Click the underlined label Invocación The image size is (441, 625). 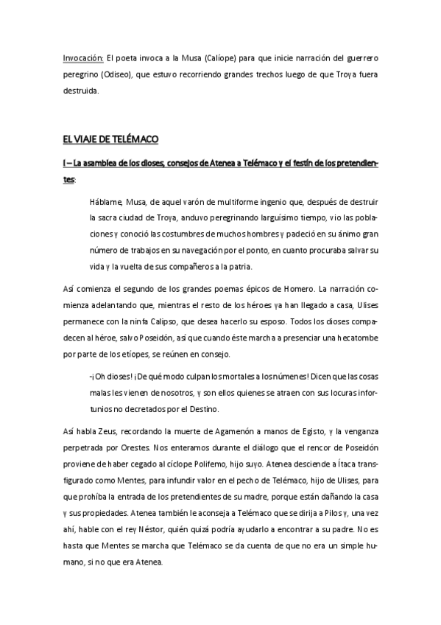point(83,57)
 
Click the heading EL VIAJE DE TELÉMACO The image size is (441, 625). point(111,139)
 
